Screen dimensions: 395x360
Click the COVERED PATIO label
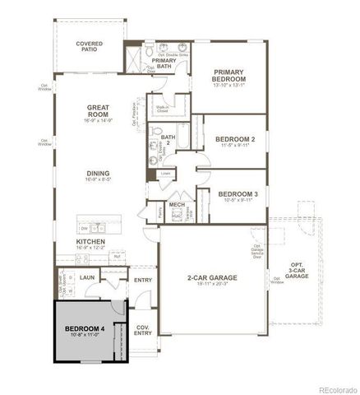[89, 46]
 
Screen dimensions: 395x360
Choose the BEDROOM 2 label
[235, 140]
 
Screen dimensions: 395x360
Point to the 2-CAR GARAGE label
[212, 278]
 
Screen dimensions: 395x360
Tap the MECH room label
[177, 205]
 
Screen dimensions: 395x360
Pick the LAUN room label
[89, 278]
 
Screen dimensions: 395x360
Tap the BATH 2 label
[168, 140]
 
